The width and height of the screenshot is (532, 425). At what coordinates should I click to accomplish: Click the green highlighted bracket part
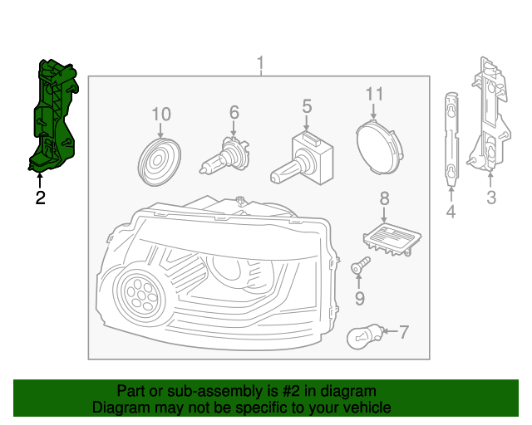[x=52, y=116]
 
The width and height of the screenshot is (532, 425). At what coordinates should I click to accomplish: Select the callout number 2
[x=39, y=198]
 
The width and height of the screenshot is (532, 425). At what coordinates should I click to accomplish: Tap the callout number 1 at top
[x=260, y=64]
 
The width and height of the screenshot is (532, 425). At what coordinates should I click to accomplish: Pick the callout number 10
[x=160, y=114]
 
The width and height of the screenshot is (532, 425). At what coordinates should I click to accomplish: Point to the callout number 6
[x=234, y=111]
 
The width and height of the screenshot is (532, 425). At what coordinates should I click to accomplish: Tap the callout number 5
[x=307, y=106]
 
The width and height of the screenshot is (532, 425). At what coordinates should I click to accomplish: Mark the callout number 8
[x=384, y=198]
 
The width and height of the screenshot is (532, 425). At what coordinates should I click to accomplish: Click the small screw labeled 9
[x=359, y=267]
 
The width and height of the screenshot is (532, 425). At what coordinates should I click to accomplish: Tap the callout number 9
[x=360, y=298]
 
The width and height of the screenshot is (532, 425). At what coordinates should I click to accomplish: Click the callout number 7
[x=404, y=333]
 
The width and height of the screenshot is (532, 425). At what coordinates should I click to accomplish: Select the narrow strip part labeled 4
[x=451, y=137]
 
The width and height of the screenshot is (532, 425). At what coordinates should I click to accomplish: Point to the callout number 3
[x=490, y=198]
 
